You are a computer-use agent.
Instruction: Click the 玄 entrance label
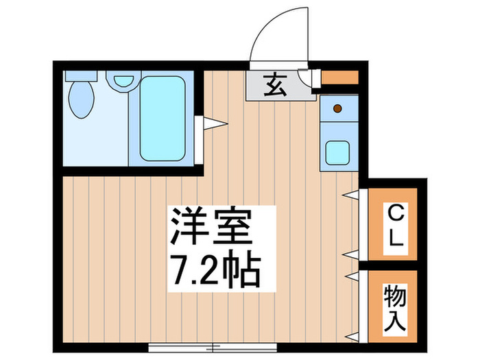click(x=274, y=86)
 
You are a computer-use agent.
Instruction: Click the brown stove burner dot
click(x=337, y=108)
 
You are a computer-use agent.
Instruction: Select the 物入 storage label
click(x=396, y=308)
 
